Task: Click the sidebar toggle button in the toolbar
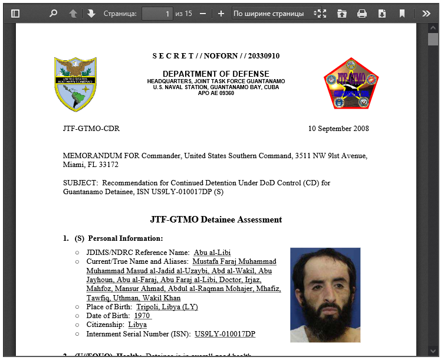tap(15, 13)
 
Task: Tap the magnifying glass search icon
tap(54, 13)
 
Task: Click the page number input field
tap(157, 13)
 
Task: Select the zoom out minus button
tap(203, 13)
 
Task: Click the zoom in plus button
tap(221, 13)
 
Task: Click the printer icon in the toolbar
tap(362, 13)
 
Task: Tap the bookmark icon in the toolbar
tap(402, 13)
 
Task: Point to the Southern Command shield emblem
tap(75, 84)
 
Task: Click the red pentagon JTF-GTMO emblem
tap(351, 84)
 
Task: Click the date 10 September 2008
tap(338, 129)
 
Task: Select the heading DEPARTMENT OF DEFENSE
tap(216, 74)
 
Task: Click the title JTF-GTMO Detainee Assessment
tap(216, 220)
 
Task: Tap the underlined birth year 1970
tap(142, 316)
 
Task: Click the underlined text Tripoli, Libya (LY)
tap(167, 307)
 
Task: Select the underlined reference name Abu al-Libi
tap(212, 253)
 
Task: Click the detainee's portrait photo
tap(325, 294)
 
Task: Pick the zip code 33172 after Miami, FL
tap(107, 165)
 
